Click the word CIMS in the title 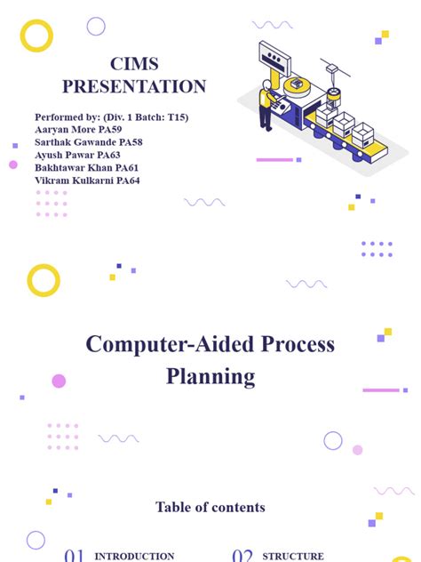click(134, 64)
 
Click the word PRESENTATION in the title click(134, 86)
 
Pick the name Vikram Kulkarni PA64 click(87, 181)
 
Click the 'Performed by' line click(111, 117)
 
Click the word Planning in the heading click(210, 376)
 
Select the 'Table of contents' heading click(210, 508)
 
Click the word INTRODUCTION click(134, 557)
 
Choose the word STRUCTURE click(293, 557)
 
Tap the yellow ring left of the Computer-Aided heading click(44, 281)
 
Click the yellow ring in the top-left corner click(37, 36)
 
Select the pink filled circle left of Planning click(59, 381)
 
